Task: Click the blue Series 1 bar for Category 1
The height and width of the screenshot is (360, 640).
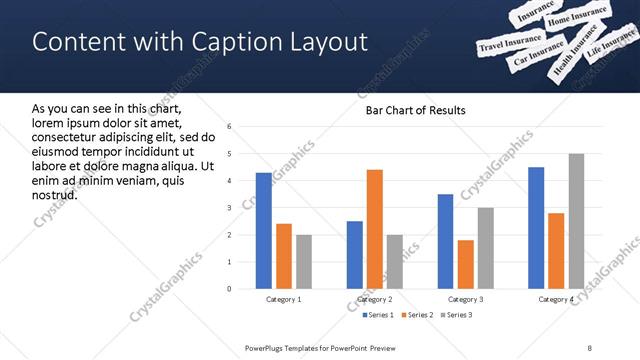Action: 264,231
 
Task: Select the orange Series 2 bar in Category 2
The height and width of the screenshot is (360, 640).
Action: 375,229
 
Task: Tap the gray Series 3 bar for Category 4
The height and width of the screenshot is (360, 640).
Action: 576,221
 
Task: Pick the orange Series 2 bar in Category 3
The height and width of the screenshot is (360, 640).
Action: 466,264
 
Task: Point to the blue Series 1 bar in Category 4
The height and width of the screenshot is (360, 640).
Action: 536,228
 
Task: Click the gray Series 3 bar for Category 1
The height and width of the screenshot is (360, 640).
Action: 304,262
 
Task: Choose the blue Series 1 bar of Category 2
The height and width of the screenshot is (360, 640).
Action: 355,255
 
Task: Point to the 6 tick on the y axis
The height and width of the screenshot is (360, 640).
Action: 230,127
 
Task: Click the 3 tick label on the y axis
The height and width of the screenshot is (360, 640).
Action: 230,208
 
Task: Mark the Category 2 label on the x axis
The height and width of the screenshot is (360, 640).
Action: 375,299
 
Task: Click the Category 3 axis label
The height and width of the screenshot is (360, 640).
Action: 466,299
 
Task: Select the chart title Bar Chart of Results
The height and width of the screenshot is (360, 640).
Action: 409,110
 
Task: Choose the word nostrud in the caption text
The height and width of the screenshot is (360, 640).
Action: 54,194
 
